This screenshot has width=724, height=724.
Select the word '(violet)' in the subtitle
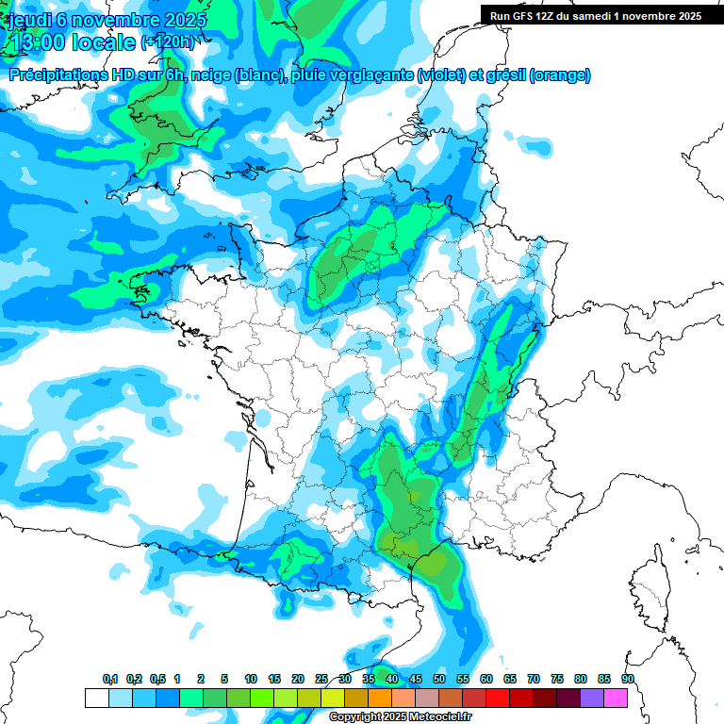tap(442, 75)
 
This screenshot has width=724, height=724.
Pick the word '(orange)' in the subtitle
tap(560, 75)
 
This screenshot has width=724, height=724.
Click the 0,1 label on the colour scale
tap(110, 680)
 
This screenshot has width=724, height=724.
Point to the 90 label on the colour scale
tap(628, 680)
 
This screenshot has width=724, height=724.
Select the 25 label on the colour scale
tap(321, 680)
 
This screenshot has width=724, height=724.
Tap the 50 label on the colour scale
tap(439, 680)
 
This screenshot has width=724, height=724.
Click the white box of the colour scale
tap(96, 698)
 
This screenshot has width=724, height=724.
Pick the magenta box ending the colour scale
tap(617, 698)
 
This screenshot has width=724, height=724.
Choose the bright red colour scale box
tap(498, 698)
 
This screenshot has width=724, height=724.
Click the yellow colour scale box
tap(332, 698)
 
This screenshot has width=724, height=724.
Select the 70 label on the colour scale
tap(534, 680)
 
